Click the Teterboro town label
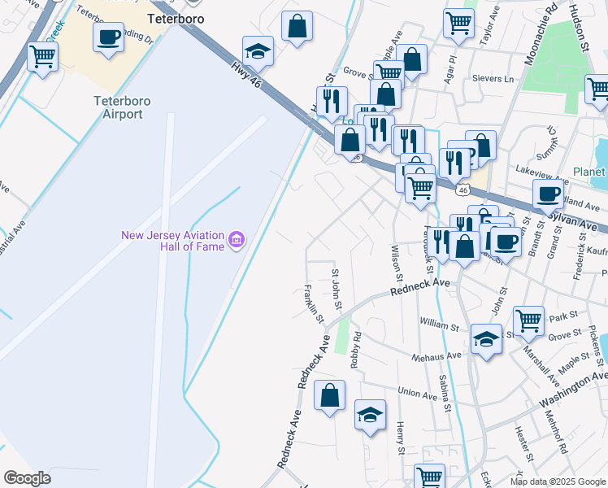tap(176, 18)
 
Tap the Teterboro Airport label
tap(118, 107)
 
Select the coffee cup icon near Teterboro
tap(109, 37)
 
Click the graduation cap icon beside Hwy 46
tap(258, 51)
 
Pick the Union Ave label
tap(418, 394)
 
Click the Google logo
tap(27, 478)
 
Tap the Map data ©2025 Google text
tap(558, 481)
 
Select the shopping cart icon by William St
tap(528, 320)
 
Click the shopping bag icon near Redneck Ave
tap(330, 396)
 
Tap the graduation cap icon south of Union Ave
tap(370, 415)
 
